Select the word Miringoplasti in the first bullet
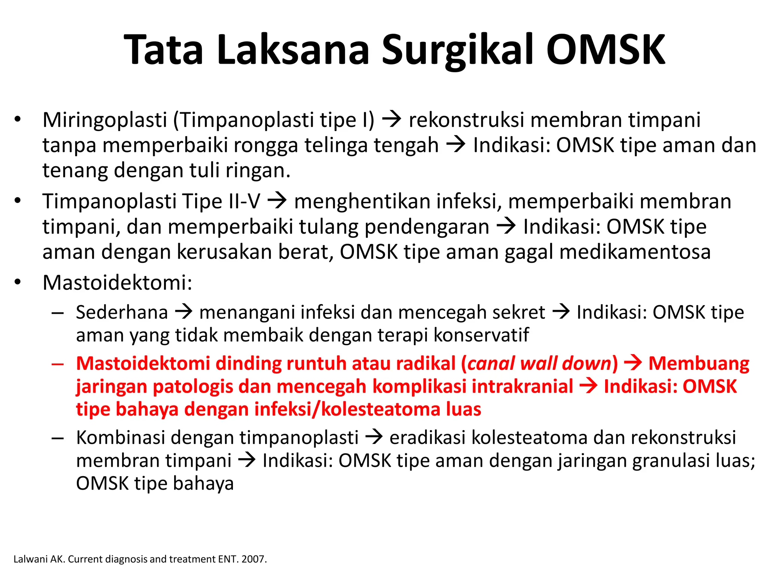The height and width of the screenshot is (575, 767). tap(105, 120)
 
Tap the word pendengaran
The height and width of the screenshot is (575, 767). tap(427, 227)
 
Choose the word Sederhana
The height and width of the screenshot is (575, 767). tap(122, 312)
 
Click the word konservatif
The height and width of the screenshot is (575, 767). tap(481, 335)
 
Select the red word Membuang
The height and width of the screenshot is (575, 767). tap(699, 363)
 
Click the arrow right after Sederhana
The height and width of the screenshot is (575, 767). tap(184, 312)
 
